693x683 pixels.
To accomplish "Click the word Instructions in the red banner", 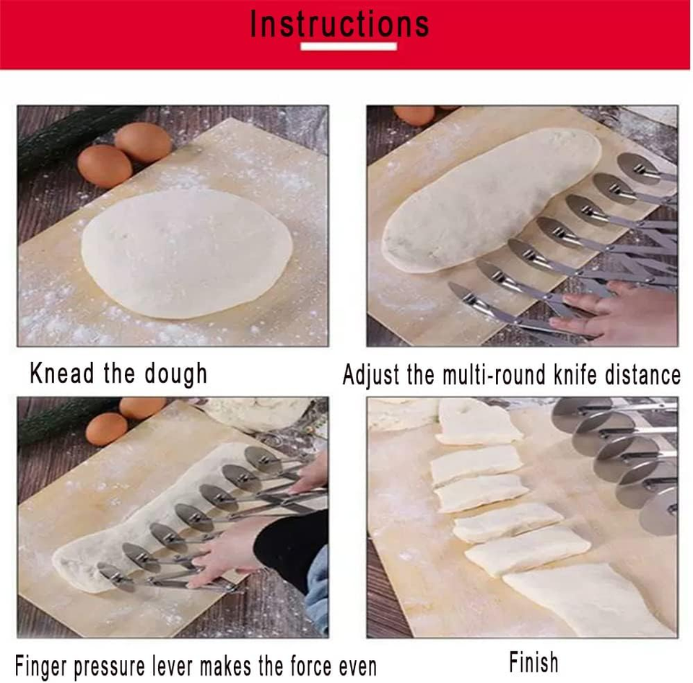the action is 339,24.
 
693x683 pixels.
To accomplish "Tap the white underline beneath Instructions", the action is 349,46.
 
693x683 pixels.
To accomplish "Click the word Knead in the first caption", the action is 62,373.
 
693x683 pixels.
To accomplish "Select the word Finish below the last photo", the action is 533,662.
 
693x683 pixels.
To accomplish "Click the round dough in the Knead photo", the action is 186,252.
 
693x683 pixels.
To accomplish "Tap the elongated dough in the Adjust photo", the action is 491,198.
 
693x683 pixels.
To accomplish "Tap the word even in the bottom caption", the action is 357,666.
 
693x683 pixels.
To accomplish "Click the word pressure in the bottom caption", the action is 109,666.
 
